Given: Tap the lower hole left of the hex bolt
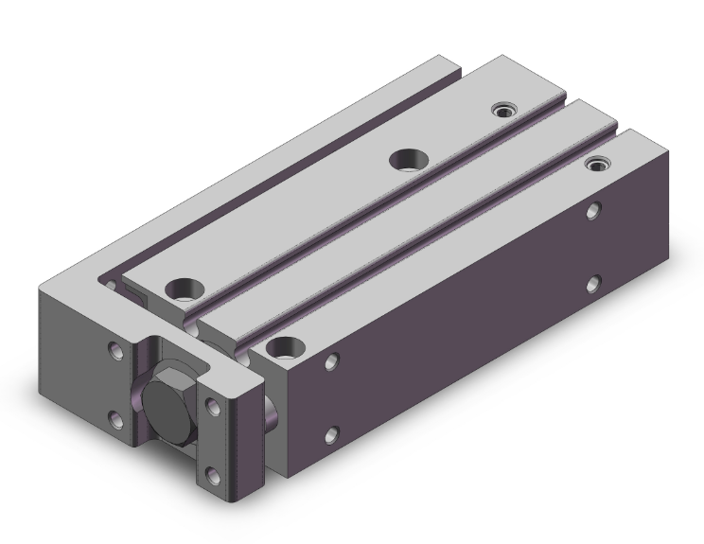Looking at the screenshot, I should [x=115, y=416].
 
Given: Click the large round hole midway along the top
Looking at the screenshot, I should [x=408, y=159].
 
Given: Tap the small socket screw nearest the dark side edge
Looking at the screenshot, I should [x=596, y=165].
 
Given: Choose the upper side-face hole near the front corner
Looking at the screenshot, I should [x=331, y=361].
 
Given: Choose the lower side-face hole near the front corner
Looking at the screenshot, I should [x=331, y=434].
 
